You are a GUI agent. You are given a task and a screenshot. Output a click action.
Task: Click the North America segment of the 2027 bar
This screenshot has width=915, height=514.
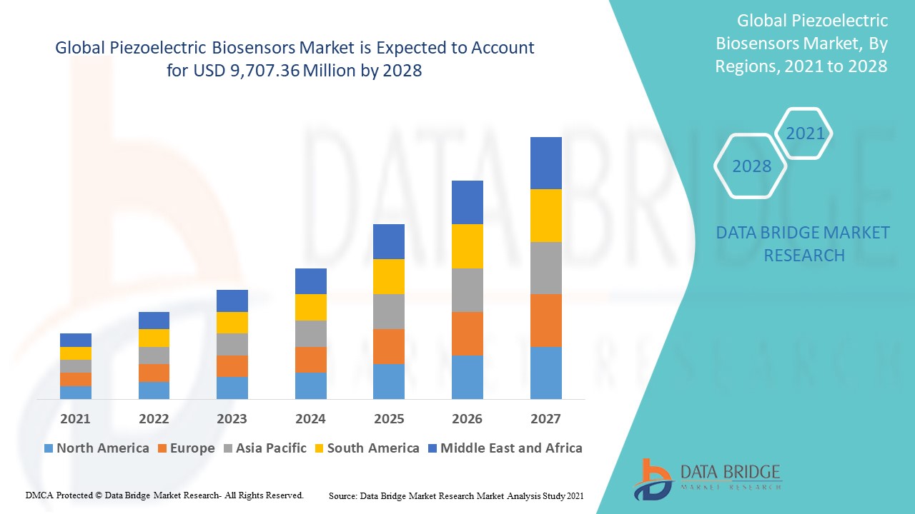(545, 373)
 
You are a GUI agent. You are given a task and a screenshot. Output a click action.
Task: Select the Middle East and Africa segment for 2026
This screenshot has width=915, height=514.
(467, 202)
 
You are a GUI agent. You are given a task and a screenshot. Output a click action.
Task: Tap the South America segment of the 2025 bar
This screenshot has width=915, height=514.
(388, 276)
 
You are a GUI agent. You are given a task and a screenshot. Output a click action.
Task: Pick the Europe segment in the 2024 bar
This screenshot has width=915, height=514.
(310, 360)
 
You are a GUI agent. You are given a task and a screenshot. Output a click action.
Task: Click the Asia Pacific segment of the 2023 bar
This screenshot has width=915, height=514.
(232, 344)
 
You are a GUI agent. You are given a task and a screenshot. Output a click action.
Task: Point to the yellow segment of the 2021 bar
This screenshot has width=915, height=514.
(76, 353)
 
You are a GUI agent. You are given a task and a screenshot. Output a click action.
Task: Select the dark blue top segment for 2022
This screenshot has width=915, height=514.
(154, 321)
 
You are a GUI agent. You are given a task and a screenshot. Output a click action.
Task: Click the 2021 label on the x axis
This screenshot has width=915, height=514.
(76, 419)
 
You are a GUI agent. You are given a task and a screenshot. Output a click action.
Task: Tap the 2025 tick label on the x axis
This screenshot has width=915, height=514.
(388, 419)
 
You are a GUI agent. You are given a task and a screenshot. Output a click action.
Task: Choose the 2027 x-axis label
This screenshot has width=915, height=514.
(545, 419)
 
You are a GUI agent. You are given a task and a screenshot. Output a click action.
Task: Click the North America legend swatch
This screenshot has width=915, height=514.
(49, 448)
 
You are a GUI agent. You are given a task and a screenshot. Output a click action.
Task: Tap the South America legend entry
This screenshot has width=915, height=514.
(366, 448)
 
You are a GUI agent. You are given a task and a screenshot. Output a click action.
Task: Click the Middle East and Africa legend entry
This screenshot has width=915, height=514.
(504, 448)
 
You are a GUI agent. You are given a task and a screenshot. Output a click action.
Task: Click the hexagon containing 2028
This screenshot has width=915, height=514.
(751, 166)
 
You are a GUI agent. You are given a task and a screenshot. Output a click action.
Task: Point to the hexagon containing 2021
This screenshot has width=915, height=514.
(805, 133)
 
